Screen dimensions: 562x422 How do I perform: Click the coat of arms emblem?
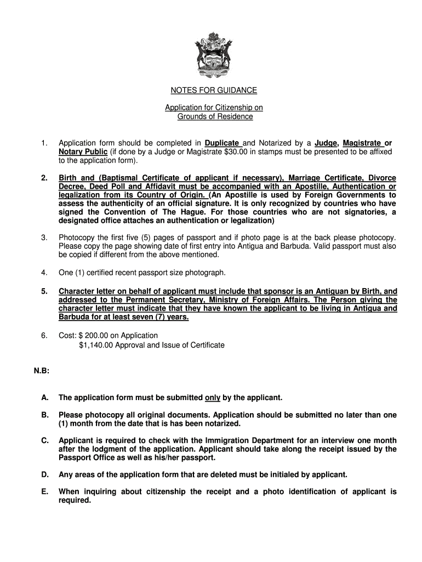(210, 55)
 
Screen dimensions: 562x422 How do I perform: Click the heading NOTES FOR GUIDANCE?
(211, 90)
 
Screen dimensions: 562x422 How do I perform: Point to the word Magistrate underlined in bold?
(362, 143)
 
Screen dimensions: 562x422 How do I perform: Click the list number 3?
(44, 237)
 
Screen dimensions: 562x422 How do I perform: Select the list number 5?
(44, 291)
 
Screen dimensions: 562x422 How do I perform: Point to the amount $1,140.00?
(99, 345)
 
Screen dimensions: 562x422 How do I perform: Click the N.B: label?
(42, 371)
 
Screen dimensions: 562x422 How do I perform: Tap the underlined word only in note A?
(212, 397)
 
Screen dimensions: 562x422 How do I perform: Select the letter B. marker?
(44, 415)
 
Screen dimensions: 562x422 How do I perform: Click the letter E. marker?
(44, 492)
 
